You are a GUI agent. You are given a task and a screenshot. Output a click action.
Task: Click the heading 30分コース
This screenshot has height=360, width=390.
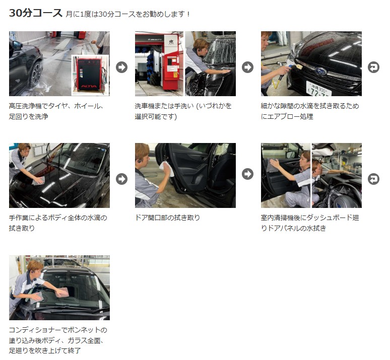tap(36, 13)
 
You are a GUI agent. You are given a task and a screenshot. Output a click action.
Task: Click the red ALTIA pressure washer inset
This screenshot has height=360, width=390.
tap(90, 76)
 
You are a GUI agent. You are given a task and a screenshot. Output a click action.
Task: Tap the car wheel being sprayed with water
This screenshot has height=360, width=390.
tap(35, 74)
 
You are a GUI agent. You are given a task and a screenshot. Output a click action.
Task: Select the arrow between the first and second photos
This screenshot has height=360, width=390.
tap(121, 67)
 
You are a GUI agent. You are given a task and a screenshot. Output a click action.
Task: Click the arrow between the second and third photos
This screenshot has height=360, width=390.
tap(247, 67)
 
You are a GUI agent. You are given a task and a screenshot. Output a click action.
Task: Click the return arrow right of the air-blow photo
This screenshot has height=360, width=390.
tap(373, 67)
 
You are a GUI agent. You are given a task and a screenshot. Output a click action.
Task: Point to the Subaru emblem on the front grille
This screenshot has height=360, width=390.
tap(320, 71)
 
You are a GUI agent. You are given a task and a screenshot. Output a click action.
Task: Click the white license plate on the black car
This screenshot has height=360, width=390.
tap(318, 90)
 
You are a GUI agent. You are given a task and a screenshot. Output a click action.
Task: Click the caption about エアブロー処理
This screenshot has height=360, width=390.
tap(310, 111)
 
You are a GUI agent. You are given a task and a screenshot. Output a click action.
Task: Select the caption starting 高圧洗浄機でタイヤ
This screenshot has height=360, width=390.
tap(56, 111)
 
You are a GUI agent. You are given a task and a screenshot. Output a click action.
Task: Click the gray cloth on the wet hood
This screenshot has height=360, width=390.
tap(38, 180)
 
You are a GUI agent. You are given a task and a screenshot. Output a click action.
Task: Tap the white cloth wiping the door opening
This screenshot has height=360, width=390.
tap(167, 168)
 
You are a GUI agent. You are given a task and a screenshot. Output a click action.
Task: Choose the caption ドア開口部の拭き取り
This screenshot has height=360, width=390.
tap(167, 218)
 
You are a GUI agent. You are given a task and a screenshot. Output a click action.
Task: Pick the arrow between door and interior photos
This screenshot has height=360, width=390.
tap(247, 174)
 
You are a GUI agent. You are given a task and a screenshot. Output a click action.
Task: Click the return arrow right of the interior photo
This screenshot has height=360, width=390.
tap(373, 179)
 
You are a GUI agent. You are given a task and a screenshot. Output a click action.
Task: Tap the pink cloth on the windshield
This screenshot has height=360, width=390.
tap(62, 292)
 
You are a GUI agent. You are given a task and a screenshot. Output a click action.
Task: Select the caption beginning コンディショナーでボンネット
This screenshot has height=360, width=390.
tap(58, 340)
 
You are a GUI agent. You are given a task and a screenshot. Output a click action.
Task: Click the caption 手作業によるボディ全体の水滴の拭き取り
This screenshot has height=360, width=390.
tap(58, 223)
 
